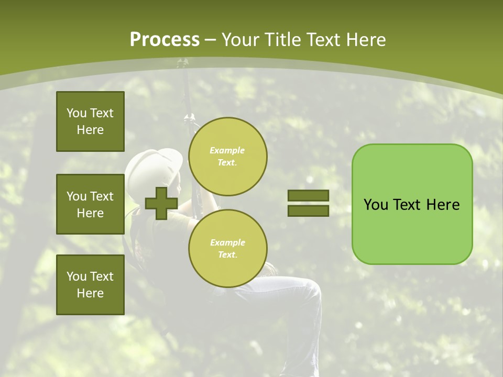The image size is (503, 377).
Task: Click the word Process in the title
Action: (x=165, y=40)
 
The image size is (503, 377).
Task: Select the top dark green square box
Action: (x=90, y=121)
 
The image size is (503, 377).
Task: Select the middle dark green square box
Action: (x=90, y=204)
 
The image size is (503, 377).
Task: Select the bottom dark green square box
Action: (x=90, y=285)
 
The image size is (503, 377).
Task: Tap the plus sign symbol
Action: (x=161, y=204)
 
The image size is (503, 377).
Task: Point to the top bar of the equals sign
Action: (x=308, y=196)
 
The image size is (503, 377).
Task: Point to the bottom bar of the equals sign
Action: (x=308, y=211)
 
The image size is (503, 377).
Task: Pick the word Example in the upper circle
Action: (x=227, y=150)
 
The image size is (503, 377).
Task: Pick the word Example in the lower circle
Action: (x=227, y=242)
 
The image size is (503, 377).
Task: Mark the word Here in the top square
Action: (x=90, y=130)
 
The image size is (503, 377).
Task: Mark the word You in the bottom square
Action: (x=76, y=276)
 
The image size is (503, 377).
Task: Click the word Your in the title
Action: (x=239, y=40)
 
